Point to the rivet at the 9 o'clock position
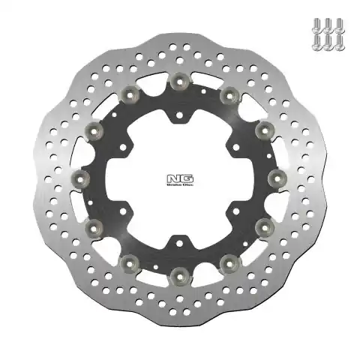coord(80,178)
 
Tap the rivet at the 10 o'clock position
coord(94,130)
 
